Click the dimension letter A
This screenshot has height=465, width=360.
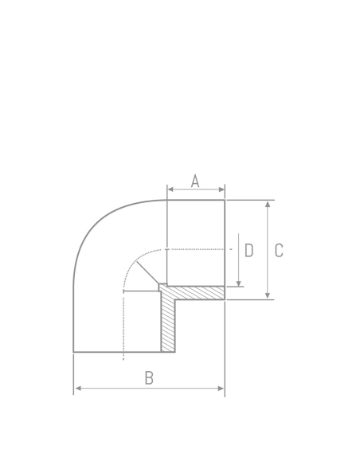click(195, 181)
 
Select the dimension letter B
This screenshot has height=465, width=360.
click(149, 378)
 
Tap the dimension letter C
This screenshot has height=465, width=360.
click(279, 250)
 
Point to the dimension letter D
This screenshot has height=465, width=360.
click(248, 250)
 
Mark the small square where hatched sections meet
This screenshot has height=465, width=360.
click(162, 288)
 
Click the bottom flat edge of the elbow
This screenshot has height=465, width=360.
click(119, 352)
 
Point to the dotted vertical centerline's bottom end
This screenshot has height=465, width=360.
click(123, 359)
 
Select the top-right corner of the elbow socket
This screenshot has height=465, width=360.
click(225, 200)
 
